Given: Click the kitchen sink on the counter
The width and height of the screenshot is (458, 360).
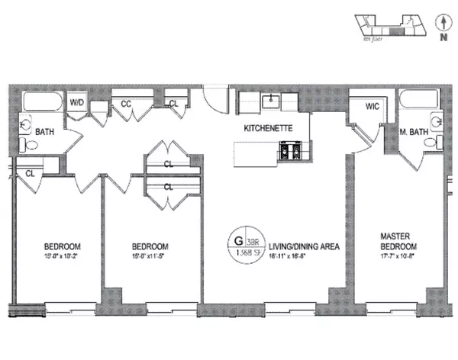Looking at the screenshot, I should point(269,101).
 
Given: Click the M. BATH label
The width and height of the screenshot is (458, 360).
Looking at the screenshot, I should point(412,131).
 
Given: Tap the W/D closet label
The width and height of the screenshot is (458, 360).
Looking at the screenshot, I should point(77,102).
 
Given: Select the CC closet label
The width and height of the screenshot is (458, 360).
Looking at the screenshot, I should point(126,102).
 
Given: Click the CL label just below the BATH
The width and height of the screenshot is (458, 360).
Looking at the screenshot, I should point(30,173).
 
